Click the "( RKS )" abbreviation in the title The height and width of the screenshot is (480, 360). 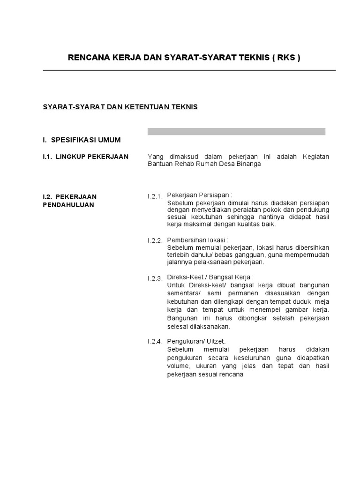coord(285,58)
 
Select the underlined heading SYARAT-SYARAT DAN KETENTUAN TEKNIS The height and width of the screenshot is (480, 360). coord(120,107)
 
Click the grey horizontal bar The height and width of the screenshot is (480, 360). coord(236,132)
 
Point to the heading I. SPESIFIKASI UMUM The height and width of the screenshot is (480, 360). coord(82,140)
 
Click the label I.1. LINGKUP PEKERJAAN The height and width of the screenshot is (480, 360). coord(85,157)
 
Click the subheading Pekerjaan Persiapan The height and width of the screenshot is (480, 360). coord(200,195)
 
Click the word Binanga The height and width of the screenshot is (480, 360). coord(248,165)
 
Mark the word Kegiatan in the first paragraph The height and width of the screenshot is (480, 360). coord(316,157)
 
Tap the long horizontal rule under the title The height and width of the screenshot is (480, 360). coord(189,71)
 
